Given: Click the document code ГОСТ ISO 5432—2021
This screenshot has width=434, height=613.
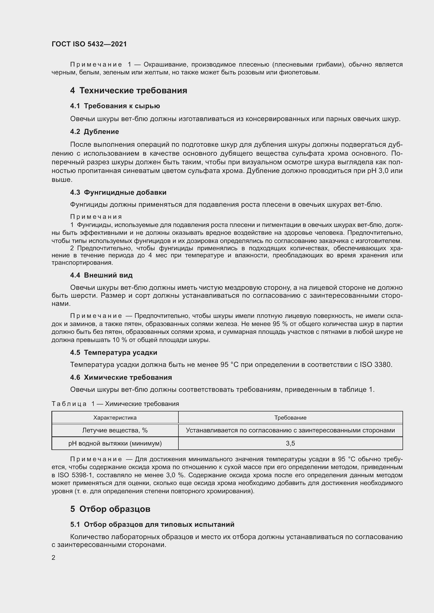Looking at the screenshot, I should point(89,44).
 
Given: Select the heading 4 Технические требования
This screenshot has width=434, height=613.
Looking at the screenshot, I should point(129,90).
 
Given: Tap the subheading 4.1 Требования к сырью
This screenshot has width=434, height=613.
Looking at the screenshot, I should point(115,106).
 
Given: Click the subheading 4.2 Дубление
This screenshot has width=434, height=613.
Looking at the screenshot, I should point(94,132).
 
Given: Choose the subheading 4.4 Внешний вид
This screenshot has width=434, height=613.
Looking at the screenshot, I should point(101,275).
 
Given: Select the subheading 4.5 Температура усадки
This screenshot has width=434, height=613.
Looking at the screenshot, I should point(114,352).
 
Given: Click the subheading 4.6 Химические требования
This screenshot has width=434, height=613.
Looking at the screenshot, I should point(121,377).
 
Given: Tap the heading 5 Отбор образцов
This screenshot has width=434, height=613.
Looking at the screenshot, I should point(110,509).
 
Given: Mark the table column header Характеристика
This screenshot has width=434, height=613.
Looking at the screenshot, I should point(115,417).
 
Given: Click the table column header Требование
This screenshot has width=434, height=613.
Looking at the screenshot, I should point(290,417).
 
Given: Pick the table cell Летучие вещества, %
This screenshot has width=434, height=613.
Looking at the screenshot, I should point(115,430).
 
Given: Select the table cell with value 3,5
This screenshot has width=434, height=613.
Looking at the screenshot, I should point(290,443).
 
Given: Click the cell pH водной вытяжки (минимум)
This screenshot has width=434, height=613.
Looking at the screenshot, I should point(115,443).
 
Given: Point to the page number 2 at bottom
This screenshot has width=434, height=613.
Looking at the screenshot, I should point(54,557).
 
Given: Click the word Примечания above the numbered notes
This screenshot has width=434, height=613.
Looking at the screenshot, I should point(96,217).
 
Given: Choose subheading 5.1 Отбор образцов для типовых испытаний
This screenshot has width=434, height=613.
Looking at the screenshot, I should point(152,524).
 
